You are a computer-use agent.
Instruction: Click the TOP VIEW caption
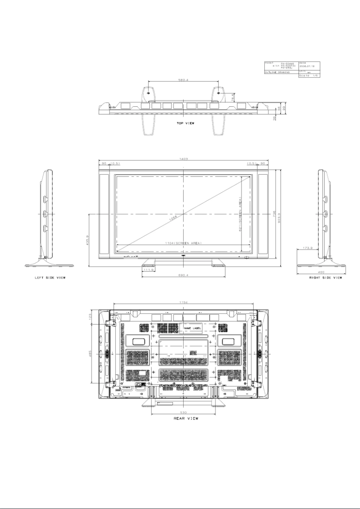coord(184,122)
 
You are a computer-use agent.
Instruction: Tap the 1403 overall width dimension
coord(184,159)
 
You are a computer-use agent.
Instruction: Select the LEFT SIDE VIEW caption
coord(50,278)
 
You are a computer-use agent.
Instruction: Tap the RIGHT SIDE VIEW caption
coord(325,278)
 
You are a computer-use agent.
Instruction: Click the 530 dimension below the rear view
coord(184,412)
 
